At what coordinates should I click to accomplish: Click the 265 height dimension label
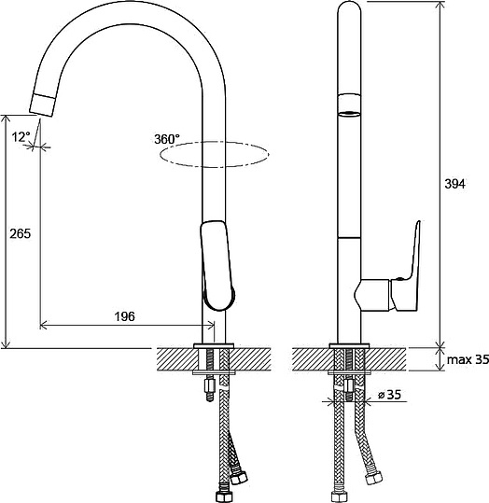pyautogui.click(x=21, y=233)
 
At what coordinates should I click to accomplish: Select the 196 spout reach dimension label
pyautogui.click(x=125, y=316)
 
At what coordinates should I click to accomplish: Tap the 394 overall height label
pyautogui.click(x=454, y=184)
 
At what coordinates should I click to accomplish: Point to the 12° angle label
pyautogui.click(x=21, y=137)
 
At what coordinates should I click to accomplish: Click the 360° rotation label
pyautogui.click(x=167, y=139)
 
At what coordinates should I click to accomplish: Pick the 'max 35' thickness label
pyautogui.click(x=468, y=359)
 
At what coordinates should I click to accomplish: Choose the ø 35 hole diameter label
pyautogui.click(x=389, y=395)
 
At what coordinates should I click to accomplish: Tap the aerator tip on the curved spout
pyautogui.click(x=43, y=105)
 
